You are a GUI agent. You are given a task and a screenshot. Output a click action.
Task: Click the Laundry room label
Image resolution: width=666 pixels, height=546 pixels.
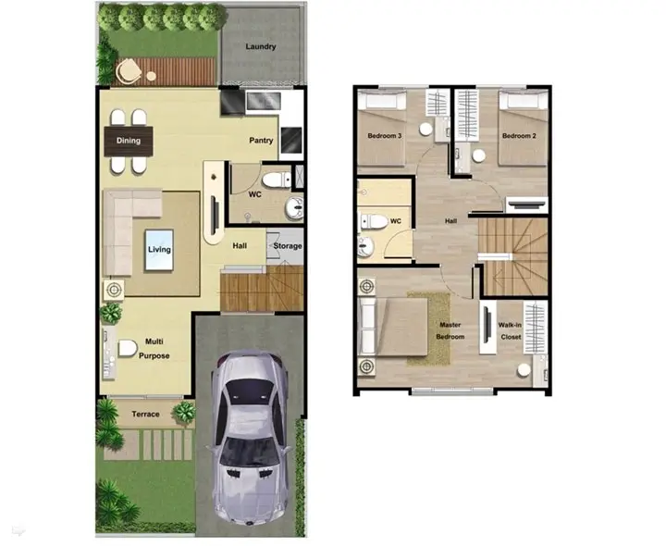point(260,47)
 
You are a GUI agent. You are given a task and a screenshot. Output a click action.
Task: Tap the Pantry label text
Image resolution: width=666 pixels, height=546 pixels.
point(261,141)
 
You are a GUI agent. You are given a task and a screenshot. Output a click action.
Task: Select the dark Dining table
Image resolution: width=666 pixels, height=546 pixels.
point(129,141)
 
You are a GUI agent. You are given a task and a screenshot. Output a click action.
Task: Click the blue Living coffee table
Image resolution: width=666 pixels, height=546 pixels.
point(159,250)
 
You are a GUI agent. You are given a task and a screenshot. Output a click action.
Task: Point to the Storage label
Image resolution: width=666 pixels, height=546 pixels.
point(288,246)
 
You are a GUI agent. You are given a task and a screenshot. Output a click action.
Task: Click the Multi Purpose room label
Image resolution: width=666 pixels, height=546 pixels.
point(154,348)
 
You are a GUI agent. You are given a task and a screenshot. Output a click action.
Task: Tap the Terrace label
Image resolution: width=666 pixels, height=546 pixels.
point(145,414)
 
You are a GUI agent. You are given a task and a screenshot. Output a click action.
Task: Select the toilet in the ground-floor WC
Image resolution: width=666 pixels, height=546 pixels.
point(277,180)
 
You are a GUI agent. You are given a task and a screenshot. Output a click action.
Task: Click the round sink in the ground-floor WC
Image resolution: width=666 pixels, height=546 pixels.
point(294,208)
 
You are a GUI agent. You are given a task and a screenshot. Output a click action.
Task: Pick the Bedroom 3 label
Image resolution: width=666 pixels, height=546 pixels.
point(385,136)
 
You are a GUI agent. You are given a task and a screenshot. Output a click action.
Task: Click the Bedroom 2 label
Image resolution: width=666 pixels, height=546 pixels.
point(519,136)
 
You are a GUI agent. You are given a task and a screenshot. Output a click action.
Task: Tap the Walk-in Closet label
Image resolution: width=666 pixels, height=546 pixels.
point(510,330)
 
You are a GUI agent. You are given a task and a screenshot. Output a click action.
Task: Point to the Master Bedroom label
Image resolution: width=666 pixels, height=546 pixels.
point(450,330)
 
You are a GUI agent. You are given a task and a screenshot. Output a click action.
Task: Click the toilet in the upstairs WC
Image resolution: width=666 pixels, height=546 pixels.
point(374,221)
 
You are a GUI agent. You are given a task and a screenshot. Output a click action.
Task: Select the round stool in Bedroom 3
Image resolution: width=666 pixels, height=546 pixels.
point(425,130)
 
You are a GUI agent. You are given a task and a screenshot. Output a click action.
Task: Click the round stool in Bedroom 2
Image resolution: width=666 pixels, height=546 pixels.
point(479,156)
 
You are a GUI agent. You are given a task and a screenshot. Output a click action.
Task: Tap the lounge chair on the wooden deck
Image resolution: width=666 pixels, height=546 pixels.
point(129,71)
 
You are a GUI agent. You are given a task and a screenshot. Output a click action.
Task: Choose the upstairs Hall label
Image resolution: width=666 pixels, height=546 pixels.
point(450,221)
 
